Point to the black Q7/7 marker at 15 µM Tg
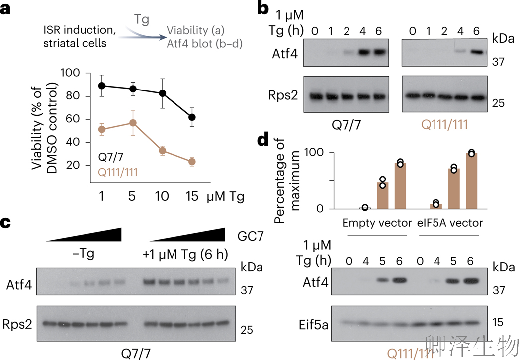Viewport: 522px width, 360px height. pos(192,117)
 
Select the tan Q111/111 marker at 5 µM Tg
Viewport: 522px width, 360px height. pos(133,123)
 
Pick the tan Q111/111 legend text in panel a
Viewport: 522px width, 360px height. pos(117,173)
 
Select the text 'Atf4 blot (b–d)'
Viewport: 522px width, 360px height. pos(205,44)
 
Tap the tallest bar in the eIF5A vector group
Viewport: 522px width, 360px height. pos(471,181)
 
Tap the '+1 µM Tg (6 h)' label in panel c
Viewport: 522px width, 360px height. pos(185,256)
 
